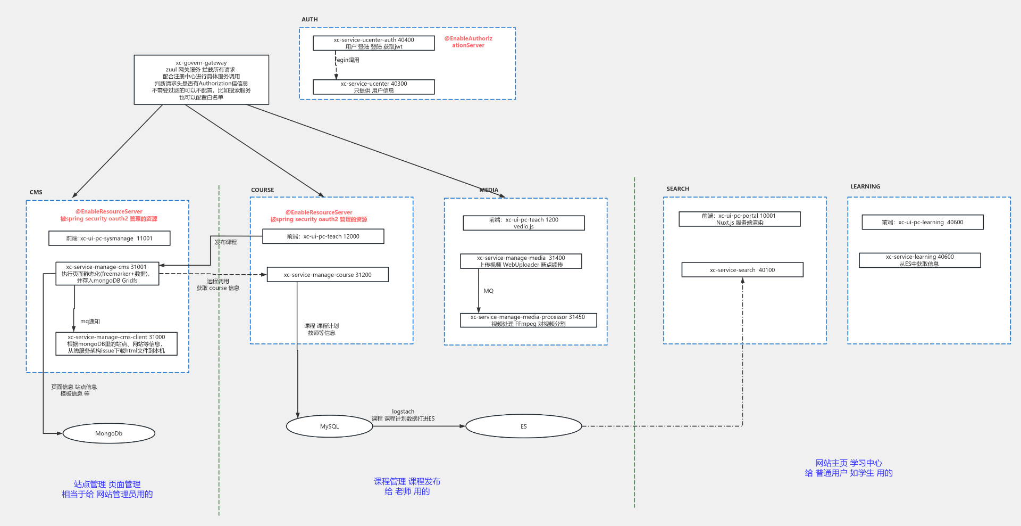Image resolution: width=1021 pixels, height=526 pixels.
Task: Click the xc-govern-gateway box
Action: [201, 80]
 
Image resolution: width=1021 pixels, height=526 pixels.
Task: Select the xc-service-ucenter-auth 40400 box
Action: [373, 43]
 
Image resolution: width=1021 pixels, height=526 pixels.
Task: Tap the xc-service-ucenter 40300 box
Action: [373, 87]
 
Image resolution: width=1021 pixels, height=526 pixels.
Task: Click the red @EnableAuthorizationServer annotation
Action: [468, 42]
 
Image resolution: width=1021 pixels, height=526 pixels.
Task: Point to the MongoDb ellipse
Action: [108, 433]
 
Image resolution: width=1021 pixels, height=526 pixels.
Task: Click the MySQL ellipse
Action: [329, 426]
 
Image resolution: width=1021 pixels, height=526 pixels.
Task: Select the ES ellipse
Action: [523, 426]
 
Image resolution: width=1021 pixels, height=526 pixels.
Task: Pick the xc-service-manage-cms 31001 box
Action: [107, 274]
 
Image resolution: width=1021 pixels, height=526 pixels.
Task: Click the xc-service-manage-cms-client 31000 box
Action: [116, 344]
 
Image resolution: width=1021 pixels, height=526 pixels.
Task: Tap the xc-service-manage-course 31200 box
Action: [328, 275]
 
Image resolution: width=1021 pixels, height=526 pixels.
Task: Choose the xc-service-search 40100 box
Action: [742, 270]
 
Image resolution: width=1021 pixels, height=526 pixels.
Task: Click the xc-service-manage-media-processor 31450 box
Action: [528, 320]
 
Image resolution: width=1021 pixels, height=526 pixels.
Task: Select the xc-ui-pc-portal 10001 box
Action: [739, 219]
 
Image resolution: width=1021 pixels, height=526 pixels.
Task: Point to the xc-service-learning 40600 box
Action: [919, 260]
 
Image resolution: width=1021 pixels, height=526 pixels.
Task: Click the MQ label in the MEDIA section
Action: [489, 291]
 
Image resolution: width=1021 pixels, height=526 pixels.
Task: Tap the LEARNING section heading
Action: [865, 187]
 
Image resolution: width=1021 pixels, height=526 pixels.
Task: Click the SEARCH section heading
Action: [677, 189]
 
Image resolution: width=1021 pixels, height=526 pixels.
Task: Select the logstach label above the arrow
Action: [403, 412]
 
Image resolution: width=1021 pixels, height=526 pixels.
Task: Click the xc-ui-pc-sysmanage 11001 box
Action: [109, 239]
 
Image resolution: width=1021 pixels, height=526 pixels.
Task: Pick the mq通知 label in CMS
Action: [90, 322]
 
